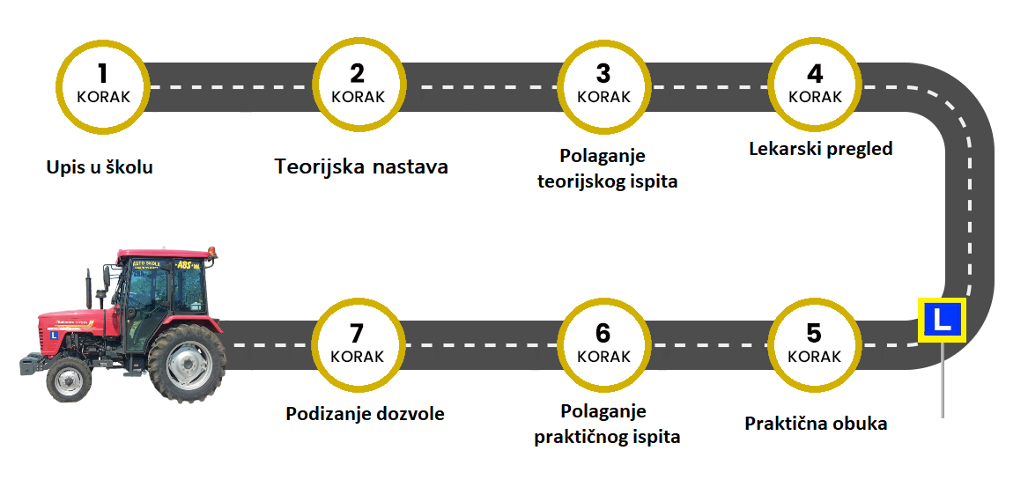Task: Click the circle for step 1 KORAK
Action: (x=103, y=85)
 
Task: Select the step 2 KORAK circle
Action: (x=358, y=85)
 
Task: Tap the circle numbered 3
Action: (x=603, y=85)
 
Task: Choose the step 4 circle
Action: (x=815, y=85)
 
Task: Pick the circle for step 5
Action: (x=815, y=344)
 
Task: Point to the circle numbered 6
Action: (x=603, y=344)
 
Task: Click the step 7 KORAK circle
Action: (x=358, y=344)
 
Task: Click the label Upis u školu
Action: (x=100, y=166)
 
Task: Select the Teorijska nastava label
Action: (x=362, y=166)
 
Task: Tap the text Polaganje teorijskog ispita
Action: (x=607, y=169)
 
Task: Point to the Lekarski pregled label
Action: (x=820, y=149)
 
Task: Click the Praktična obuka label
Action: (x=816, y=424)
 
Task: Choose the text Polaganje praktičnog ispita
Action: (x=607, y=425)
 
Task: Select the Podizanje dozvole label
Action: (x=365, y=414)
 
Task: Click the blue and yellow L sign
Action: (x=942, y=320)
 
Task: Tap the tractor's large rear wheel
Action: (x=186, y=363)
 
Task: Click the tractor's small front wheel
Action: (x=68, y=379)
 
